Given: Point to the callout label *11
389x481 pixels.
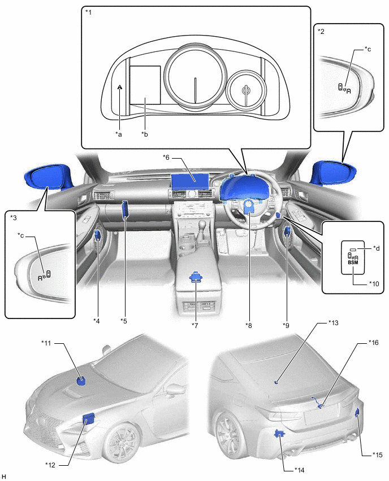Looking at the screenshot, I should (47, 342).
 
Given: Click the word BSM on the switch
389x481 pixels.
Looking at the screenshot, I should (352, 262).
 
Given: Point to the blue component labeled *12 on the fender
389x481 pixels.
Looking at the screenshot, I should (89, 419).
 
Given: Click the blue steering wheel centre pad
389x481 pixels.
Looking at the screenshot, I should (249, 206).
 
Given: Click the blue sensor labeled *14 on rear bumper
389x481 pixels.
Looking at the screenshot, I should (279, 434).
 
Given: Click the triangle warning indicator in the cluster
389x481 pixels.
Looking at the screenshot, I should (120, 87).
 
